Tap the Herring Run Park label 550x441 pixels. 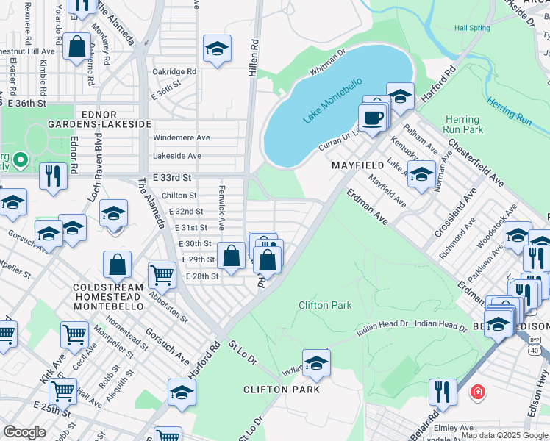click(x=464, y=124)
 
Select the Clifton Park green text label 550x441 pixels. click(x=325, y=305)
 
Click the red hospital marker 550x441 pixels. click(x=478, y=392)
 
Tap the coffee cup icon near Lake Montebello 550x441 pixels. click(x=372, y=118)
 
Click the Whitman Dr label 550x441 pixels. click(x=328, y=62)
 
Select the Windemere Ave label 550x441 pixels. click(x=181, y=137)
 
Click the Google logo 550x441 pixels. click(x=25, y=432)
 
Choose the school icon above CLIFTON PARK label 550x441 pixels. click(x=316, y=363)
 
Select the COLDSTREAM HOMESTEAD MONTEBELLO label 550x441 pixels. click(x=118, y=299)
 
